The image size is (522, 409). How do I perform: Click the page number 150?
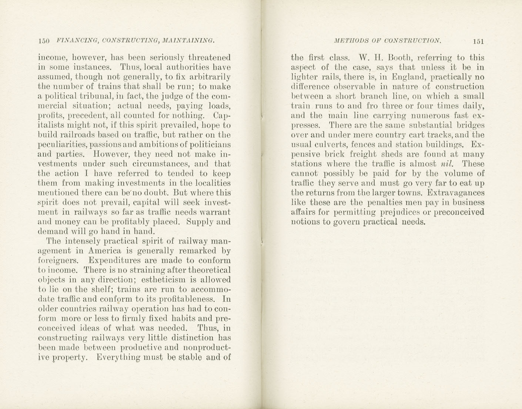(44, 41)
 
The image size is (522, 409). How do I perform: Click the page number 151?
(478, 41)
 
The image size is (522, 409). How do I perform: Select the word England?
(409, 77)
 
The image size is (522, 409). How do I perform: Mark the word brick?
(344, 154)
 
